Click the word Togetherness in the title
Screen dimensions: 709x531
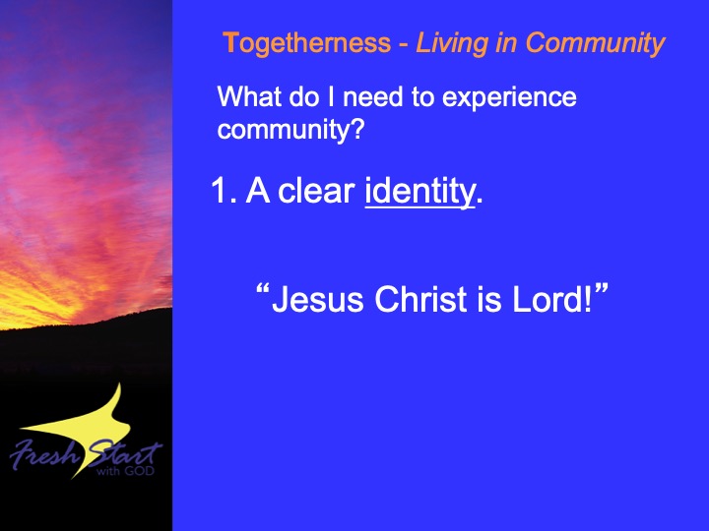pos(306,44)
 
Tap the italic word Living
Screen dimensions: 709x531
pos(451,44)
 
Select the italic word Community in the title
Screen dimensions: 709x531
pos(595,44)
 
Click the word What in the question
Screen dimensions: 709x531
pos(249,96)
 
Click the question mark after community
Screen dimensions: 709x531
pos(357,128)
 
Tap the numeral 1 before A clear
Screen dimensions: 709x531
pos(220,191)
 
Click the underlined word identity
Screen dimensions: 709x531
pos(420,192)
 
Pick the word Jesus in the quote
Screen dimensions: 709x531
pos(318,299)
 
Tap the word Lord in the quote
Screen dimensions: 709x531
pos(548,299)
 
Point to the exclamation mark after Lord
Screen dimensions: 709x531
pos(588,299)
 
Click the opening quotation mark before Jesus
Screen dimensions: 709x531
pos(263,289)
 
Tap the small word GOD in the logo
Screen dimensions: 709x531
pos(140,471)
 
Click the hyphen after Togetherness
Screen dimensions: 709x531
pos(404,45)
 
